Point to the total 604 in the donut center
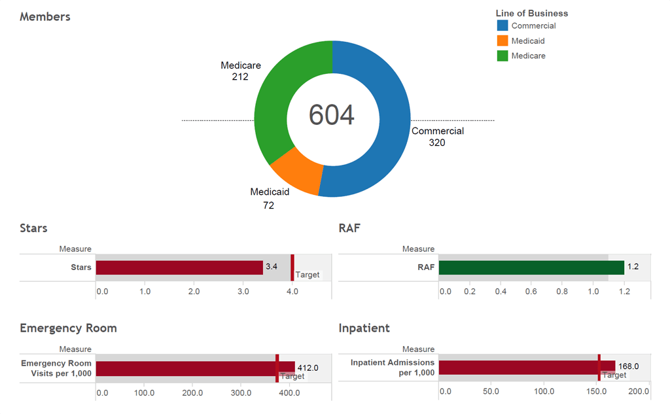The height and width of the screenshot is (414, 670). (332, 115)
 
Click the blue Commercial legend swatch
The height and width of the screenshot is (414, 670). (502, 26)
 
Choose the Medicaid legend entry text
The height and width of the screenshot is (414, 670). (528, 41)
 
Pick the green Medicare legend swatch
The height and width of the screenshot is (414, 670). (502, 56)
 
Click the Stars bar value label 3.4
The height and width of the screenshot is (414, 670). (272, 267)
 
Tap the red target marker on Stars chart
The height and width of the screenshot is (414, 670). (292, 267)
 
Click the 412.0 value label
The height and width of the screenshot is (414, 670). (308, 368)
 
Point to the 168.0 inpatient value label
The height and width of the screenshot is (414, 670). (628, 366)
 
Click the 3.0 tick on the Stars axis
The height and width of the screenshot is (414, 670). (243, 291)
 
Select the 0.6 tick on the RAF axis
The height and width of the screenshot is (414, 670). (531, 291)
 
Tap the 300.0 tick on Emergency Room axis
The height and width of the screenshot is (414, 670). (241, 393)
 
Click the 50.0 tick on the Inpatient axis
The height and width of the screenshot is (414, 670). (491, 391)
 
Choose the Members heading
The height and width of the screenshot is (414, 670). (45, 17)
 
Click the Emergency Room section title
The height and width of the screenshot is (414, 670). (68, 328)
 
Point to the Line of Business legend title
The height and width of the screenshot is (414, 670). (532, 13)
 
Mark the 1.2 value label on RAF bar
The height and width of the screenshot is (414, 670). (633, 267)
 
